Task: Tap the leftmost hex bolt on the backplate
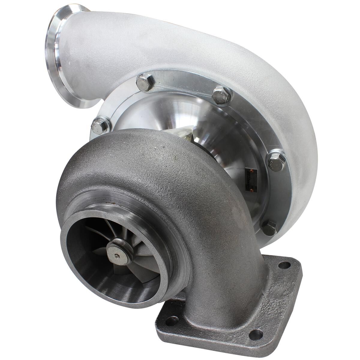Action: point(100,125)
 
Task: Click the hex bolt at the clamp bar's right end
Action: point(221,95)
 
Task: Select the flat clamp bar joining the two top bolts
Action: point(183,88)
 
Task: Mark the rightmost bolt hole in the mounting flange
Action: point(284,265)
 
